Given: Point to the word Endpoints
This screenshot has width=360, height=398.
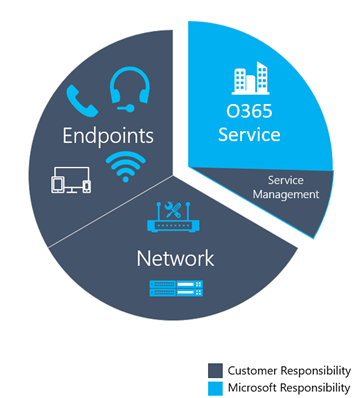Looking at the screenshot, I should click(107, 134).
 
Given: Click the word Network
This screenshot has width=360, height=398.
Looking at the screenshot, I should click(175, 258).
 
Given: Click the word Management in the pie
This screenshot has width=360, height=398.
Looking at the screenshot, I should click(291, 194).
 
